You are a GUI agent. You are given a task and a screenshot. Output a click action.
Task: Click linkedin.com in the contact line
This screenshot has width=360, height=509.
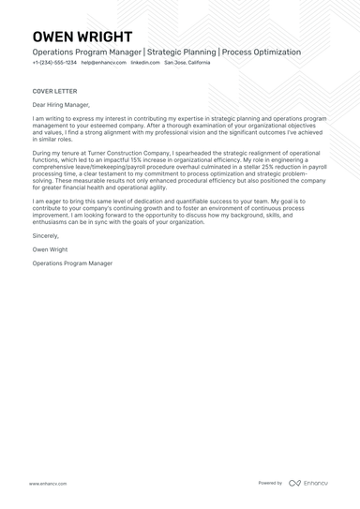coord(144,62)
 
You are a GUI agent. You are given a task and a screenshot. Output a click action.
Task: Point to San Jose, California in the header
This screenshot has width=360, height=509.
coord(187,62)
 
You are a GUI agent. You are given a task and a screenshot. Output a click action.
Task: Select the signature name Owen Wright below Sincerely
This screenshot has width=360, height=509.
coord(49,250)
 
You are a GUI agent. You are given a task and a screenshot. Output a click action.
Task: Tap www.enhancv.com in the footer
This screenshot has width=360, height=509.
coord(47,484)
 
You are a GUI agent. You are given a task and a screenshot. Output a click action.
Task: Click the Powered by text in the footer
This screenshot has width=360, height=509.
coord(270,484)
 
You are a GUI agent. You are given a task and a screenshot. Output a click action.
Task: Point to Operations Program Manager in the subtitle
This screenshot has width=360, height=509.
coord(85,52)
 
